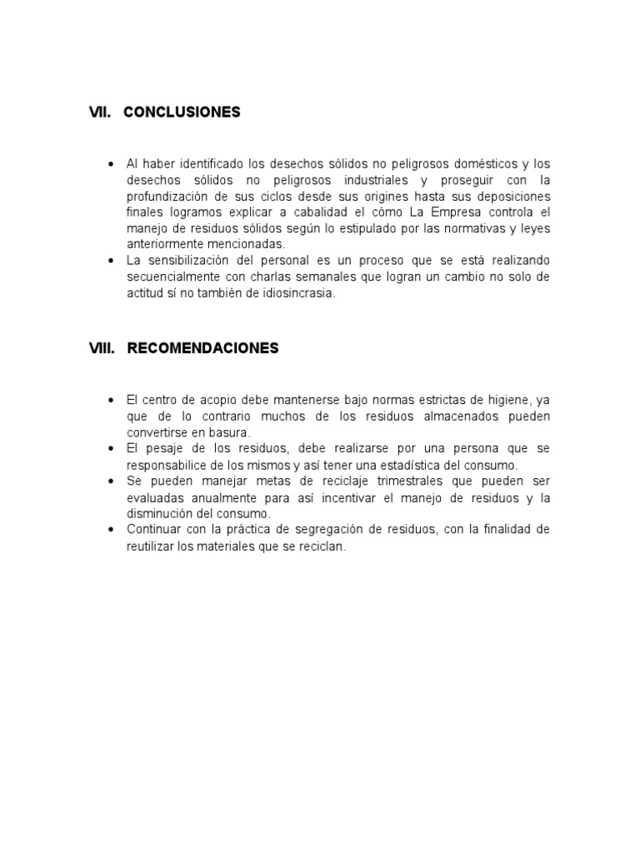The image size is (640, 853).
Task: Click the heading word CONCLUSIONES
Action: (182, 112)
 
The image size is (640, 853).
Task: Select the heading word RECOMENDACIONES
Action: (202, 348)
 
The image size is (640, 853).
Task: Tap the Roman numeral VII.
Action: (100, 112)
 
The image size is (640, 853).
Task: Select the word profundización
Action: (169, 196)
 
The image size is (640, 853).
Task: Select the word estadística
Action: (399, 465)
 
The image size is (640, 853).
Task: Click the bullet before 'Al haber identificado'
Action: (111, 164)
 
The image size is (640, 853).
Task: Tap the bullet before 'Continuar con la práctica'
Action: (111, 530)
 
